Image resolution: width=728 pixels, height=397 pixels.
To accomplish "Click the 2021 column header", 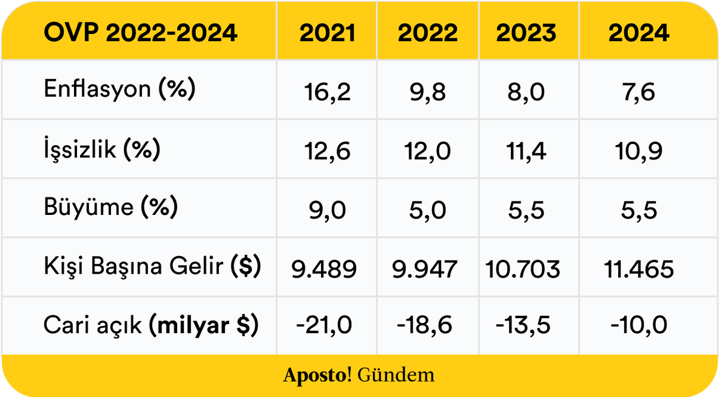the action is click(327, 33).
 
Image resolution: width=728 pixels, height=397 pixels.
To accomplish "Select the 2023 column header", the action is click(526, 33).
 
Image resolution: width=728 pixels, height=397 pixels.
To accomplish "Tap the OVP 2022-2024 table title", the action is click(140, 33).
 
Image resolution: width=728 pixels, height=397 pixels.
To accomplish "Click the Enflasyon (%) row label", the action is click(120, 89).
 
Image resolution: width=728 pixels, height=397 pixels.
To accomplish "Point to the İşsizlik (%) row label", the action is click(102, 149).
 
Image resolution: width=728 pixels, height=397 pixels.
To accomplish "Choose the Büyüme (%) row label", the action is click(111, 207).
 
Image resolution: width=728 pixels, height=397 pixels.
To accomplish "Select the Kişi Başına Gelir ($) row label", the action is click(152, 266).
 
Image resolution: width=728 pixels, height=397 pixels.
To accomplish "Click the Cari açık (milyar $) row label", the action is click(151, 325).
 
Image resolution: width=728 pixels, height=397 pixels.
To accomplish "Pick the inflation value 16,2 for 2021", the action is click(327, 92).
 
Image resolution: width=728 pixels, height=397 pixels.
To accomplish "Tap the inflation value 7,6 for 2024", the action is click(638, 92).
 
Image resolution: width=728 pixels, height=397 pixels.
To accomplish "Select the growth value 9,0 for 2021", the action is click(327, 210).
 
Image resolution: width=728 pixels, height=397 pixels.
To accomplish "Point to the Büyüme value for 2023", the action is click(526, 210).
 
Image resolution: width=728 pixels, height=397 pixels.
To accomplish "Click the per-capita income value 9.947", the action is click(425, 269).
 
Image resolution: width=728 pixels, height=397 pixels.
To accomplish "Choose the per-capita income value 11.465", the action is click(638, 269).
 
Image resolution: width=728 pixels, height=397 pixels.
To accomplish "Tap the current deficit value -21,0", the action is click(324, 325).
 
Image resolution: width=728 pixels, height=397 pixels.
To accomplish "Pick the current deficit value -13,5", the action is click(522, 325).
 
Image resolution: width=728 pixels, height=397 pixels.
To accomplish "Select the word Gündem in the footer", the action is click(396, 375).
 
